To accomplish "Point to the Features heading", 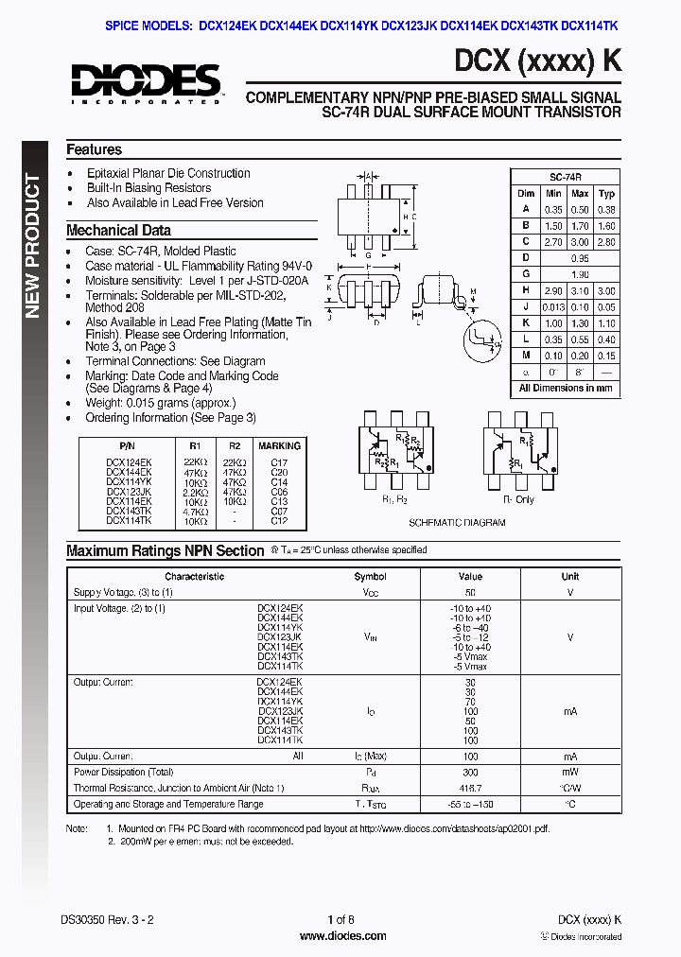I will coord(94,149).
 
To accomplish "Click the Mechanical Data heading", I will coord(118,230).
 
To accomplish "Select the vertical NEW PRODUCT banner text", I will coord(33,246).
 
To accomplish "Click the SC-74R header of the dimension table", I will coord(565,178).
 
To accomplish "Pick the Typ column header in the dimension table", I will coord(607,194).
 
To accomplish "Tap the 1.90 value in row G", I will coord(580,274).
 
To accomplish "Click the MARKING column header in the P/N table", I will coord(279,445).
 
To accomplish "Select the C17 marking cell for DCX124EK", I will coord(279,463).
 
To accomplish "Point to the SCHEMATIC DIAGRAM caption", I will coord(457,523).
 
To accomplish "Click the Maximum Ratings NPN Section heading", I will coord(166,551).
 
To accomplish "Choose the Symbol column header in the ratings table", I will coord(370,576).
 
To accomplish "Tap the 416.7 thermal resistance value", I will coord(470,788).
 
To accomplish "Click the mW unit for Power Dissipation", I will coord(569,773).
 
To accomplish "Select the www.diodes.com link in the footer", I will coord(342,936).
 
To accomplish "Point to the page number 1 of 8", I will coord(340,919).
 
